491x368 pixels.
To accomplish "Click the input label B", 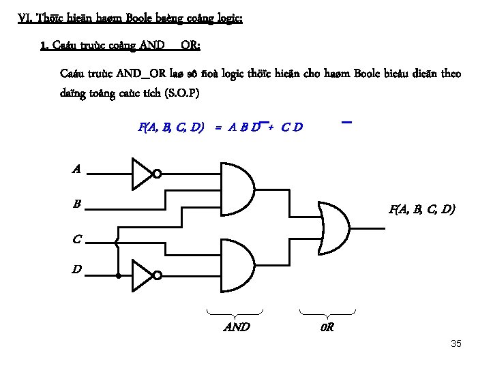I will point(77,204).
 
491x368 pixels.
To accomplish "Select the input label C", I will point(77,239).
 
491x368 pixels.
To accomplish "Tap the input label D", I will point(77,271).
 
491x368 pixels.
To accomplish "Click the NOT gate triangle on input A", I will point(141,173).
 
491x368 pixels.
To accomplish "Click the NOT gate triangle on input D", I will point(141,275).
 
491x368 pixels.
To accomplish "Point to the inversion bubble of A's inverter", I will point(157,174).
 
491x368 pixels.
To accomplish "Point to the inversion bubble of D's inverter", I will point(157,275).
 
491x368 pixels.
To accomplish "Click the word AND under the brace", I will point(237,327).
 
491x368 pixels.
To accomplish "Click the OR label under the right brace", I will point(327,327).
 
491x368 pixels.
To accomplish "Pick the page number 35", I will point(456,343).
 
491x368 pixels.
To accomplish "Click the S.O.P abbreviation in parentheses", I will point(179,93).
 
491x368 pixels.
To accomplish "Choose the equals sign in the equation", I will point(218,127).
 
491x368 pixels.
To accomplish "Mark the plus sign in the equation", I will point(270,127).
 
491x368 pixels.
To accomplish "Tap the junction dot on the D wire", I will point(118,276).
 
